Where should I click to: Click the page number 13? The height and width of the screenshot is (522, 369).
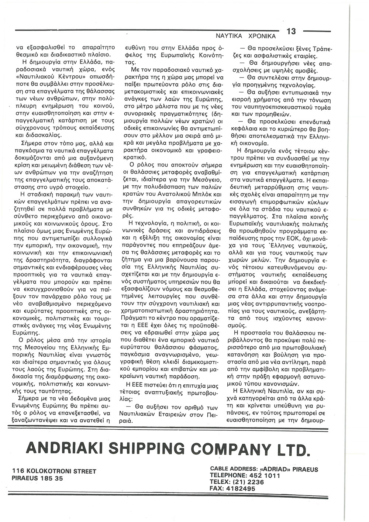tap(291, 31)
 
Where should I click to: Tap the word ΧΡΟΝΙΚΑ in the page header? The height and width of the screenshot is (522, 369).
tap(263, 37)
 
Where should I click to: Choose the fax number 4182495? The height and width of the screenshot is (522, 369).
tap(240, 488)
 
